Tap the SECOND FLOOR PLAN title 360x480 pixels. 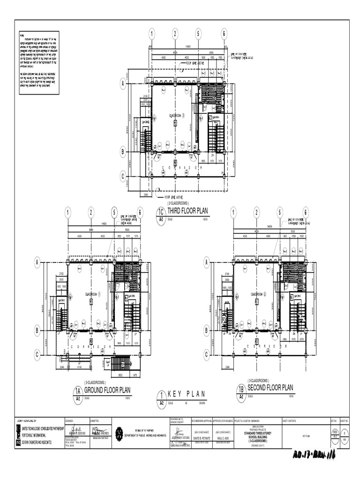point(270,388)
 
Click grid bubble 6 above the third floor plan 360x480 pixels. point(225,34)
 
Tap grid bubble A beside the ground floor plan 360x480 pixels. point(37,263)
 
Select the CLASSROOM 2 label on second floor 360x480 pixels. point(258,294)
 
